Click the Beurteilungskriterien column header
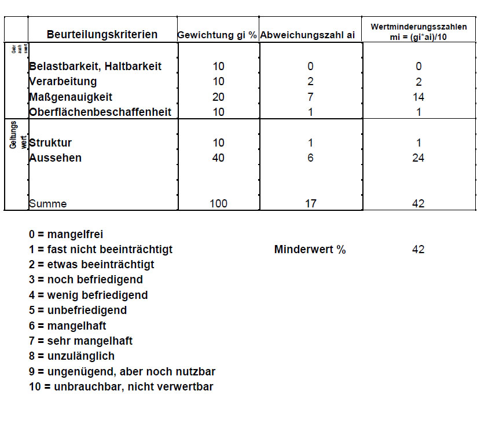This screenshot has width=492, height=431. tap(102, 35)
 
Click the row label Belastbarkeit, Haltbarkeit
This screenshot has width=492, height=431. tap(96, 67)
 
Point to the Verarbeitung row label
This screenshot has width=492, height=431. tap(63, 82)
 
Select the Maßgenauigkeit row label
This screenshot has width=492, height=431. tap(71, 97)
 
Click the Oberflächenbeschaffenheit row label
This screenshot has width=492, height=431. tap(100, 112)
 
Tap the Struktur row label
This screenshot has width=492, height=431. tap(50, 143)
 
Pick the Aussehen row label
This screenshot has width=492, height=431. tap(56, 158)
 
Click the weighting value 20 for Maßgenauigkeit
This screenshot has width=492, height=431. tap(218, 97)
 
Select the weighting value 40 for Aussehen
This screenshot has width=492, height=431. tap(218, 158)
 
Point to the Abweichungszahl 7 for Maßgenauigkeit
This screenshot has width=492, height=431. tap(311, 97)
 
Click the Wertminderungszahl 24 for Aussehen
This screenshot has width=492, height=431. tap(418, 158)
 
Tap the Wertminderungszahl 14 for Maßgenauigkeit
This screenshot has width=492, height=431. tap(418, 97)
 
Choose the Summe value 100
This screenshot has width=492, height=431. tap(218, 203)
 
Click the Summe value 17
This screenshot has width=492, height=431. tap(311, 203)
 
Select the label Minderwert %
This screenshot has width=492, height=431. tap(310, 250)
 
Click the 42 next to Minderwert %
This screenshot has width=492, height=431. tap(418, 250)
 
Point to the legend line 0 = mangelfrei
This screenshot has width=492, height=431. tap(66, 235)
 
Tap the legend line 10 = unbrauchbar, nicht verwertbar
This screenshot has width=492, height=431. tap(121, 386)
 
